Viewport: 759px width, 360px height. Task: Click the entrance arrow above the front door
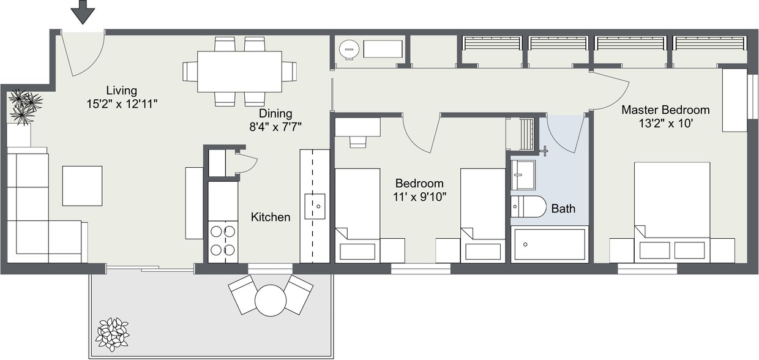pyautogui.click(x=83, y=12)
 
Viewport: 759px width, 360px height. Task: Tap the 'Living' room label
pyautogui.click(x=121, y=91)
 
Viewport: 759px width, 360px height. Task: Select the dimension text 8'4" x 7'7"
pyautogui.click(x=275, y=127)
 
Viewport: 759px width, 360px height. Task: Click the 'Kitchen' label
pyautogui.click(x=271, y=217)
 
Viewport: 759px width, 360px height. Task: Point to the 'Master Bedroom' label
pyautogui.click(x=665, y=110)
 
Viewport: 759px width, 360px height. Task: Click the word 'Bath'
pyautogui.click(x=563, y=209)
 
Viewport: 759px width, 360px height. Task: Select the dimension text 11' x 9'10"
pyautogui.click(x=419, y=197)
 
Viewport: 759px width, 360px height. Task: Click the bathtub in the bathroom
pyautogui.click(x=549, y=244)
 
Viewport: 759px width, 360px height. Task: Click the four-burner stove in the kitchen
pyautogui.click(x=223, y=241)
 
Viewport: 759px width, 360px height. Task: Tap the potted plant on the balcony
pyautogui.click(x=112, y=334)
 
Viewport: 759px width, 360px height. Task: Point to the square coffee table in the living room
pyautogui.click(x=82, y=186)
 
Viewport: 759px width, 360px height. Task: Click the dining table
pyautogui.click(x=239, y=71)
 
